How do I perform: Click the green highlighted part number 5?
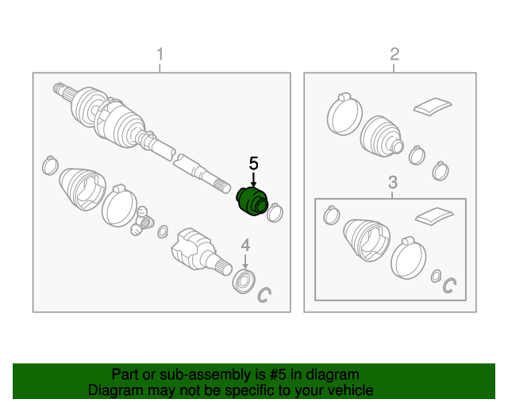252,201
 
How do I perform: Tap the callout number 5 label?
253,163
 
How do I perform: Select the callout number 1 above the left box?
160,54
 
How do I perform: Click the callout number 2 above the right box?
394,54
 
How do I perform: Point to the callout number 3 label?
393,182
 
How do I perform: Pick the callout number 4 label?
245,245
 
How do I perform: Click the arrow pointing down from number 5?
253,180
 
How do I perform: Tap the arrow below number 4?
245,262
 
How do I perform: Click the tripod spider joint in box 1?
142,221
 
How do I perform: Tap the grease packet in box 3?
434,215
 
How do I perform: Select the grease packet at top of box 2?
433,106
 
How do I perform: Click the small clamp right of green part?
275,212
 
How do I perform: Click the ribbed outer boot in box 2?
382,136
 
